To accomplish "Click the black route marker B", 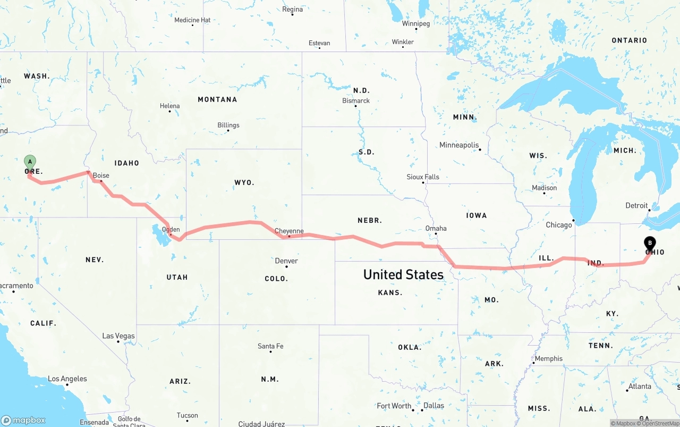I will tap(649, 243).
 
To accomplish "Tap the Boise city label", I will tap(101, 175).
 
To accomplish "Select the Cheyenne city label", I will tap(289, 231).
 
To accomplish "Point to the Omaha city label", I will tap(436, 229).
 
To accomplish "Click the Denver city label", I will tap(286, 261).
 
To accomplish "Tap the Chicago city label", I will tap(559, 225).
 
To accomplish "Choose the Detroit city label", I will tap(636, 206).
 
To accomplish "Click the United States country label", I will tap(403, 274).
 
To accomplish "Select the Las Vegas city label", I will tap(118, 336).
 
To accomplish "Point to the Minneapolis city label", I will tap(459, 145).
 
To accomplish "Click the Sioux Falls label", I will tap(423, 177).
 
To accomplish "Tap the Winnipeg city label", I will tap(416, 24).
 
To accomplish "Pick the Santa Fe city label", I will tap(270, 346).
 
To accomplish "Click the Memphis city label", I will tap(548, 359).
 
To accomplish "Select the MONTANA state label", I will tap(217, 99).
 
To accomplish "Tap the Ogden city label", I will tap(171, 230).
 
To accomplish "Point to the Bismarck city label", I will tap(356, 101).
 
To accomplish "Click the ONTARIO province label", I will tap(629, 40).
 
